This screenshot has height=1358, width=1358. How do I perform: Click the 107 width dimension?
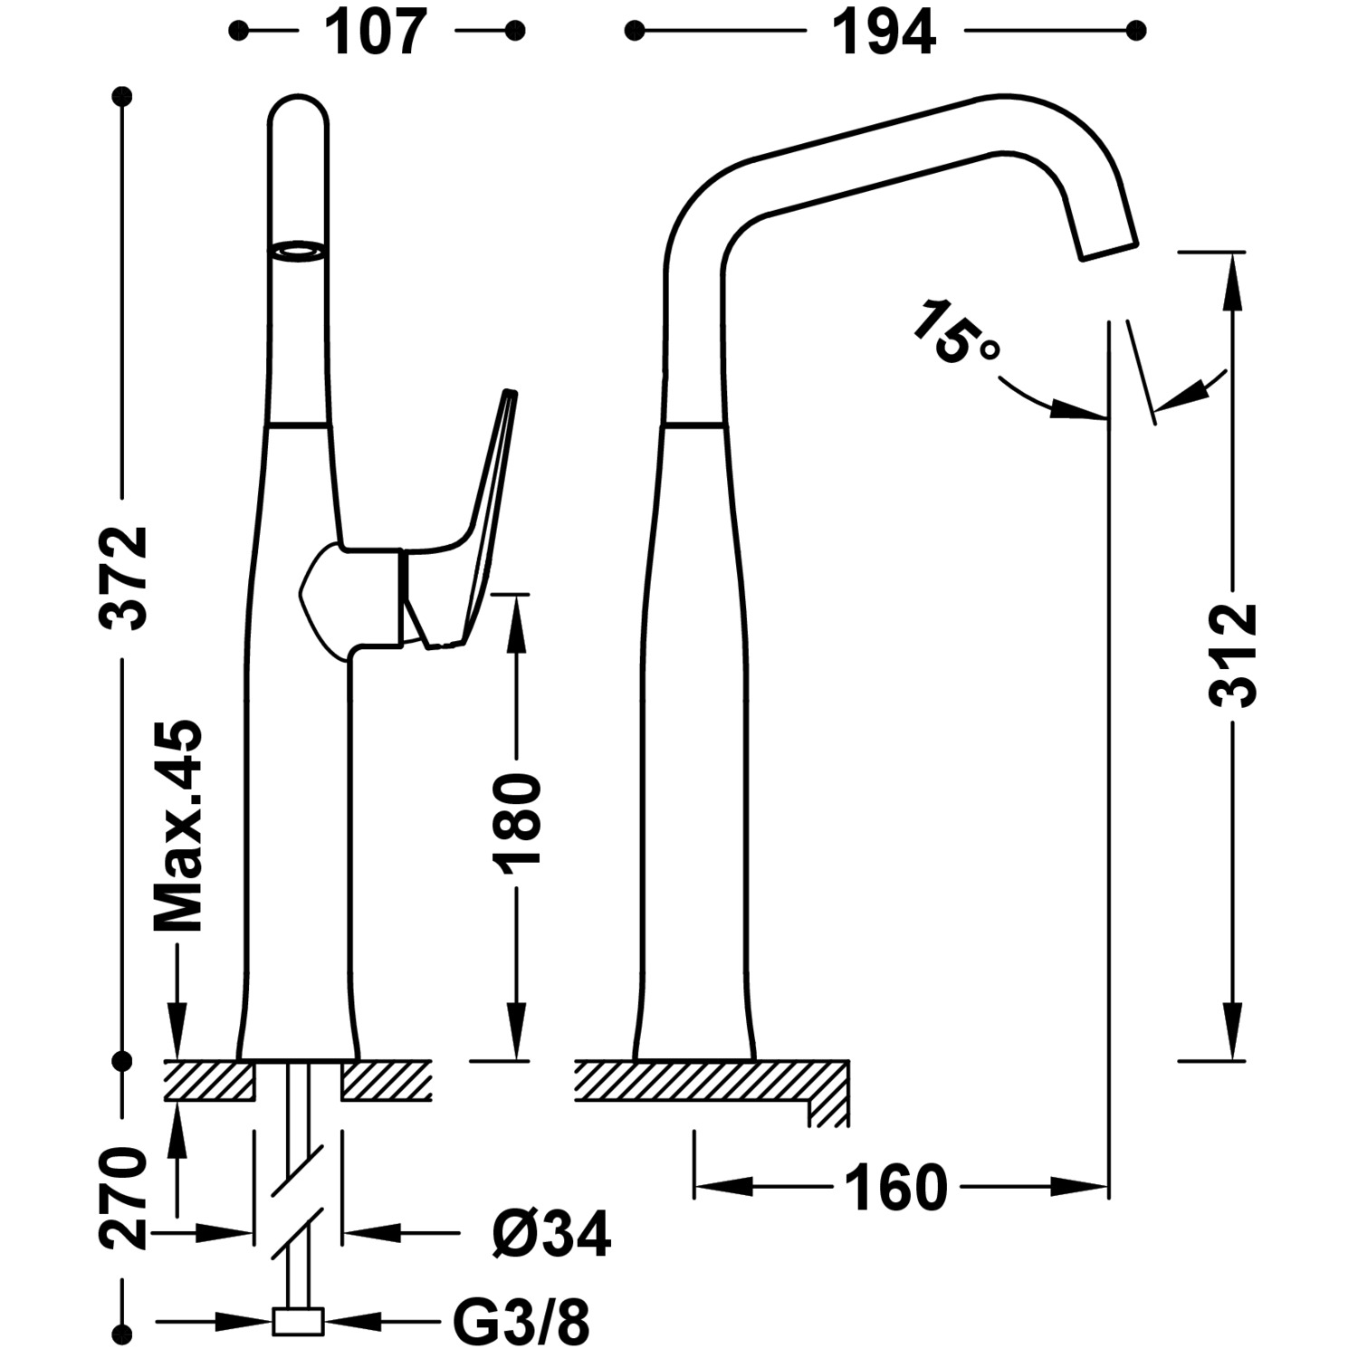(376, 33)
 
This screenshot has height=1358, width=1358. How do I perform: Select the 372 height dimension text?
(124, 577)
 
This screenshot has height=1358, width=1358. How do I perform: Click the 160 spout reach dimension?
(895, 1188)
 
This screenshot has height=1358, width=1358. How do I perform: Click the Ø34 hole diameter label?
(550, 1233)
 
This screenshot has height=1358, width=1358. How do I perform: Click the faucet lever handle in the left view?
(484, 507)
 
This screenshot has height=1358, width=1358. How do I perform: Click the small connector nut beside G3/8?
(298, 1322)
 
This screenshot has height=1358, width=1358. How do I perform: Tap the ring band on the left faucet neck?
(298, 252)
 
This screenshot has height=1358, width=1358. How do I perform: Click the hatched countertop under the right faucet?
(706, 1080)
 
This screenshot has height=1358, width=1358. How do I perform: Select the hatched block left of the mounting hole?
(208, 1080)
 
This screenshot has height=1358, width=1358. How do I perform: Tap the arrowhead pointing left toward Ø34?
(373, 1232)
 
